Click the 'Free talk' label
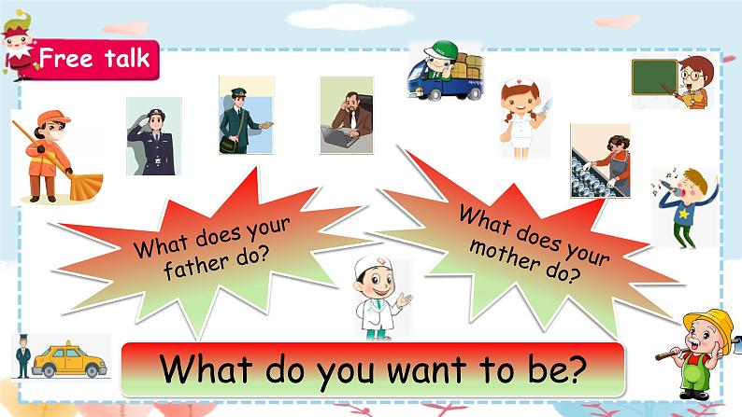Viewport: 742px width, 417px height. (x=93, y=59)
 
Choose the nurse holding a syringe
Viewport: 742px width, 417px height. (x=518, y=121)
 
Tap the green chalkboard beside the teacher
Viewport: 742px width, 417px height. (x=654, y=77)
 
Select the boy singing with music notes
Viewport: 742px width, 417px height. (x=687, y=205)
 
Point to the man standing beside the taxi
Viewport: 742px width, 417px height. (x=22, y=355)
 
